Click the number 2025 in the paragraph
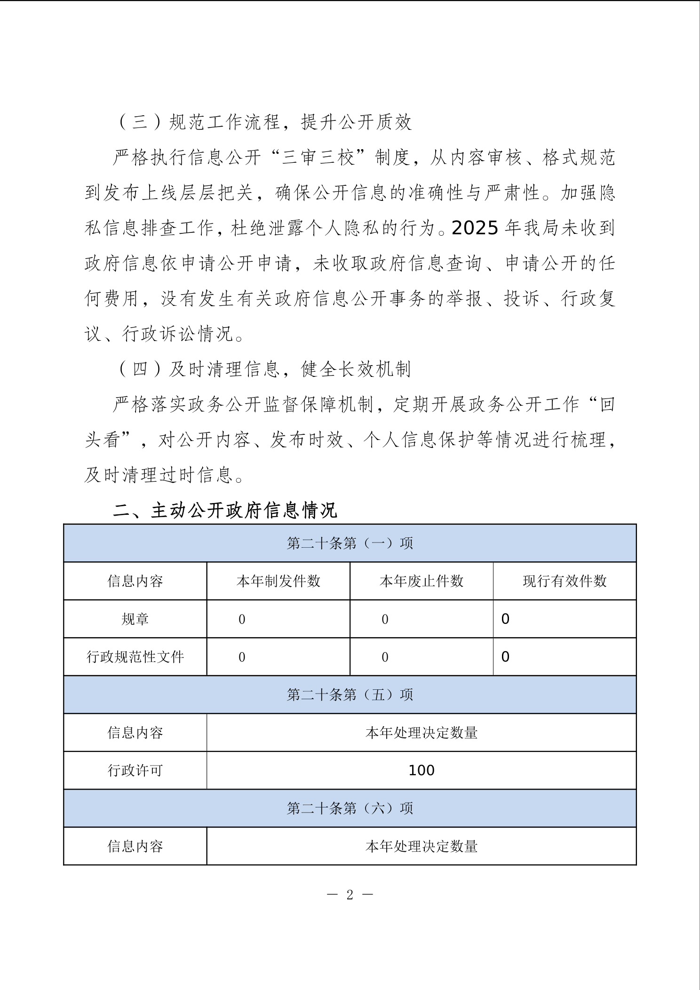coord(475,228)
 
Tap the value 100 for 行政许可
coord(421,770)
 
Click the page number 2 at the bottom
coord(350,895)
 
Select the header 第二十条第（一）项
coord(350,543)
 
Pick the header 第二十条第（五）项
coord(350,695)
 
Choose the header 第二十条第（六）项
coord(350,808)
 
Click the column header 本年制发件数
coord(278,581)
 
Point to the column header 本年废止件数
coord(421,581)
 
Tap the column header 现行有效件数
coord(565,581)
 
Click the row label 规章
coord(135,619)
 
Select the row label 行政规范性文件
coord(135,657)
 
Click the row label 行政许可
coord(135,770)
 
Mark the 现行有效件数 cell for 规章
coord(505,619)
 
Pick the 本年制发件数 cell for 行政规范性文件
coord(242,657)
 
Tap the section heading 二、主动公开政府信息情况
coord(225,511)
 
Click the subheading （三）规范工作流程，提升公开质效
coord(263,122)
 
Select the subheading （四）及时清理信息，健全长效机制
coord(263,369)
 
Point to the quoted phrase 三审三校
coord(318,158)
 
